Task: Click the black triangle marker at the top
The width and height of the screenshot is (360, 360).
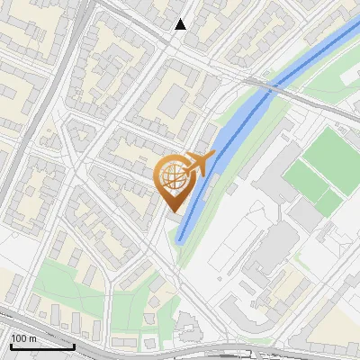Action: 181,24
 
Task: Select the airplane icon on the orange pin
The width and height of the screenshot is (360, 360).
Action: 200,163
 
